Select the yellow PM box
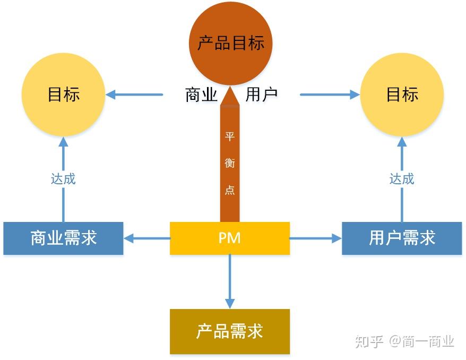click(230, 238)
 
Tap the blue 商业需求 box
click(63, 238)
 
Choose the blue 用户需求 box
click(402, 238)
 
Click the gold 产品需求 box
click(230, 331)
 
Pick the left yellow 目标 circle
click(63, 95)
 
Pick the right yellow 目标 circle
click(402, 95)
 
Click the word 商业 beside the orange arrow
click(201, 95)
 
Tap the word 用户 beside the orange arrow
click(262, 95)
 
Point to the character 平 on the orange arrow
click(230, 137)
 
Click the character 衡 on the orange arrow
click(230, 164)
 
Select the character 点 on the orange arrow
click(230, 190)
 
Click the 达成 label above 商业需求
click(63, 179)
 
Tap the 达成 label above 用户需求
click(402, 179)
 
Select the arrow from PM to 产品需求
click(230, 281)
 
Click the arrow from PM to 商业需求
click(146, 238)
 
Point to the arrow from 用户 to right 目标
click(330, 95)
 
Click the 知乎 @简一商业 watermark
click(404, 341)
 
